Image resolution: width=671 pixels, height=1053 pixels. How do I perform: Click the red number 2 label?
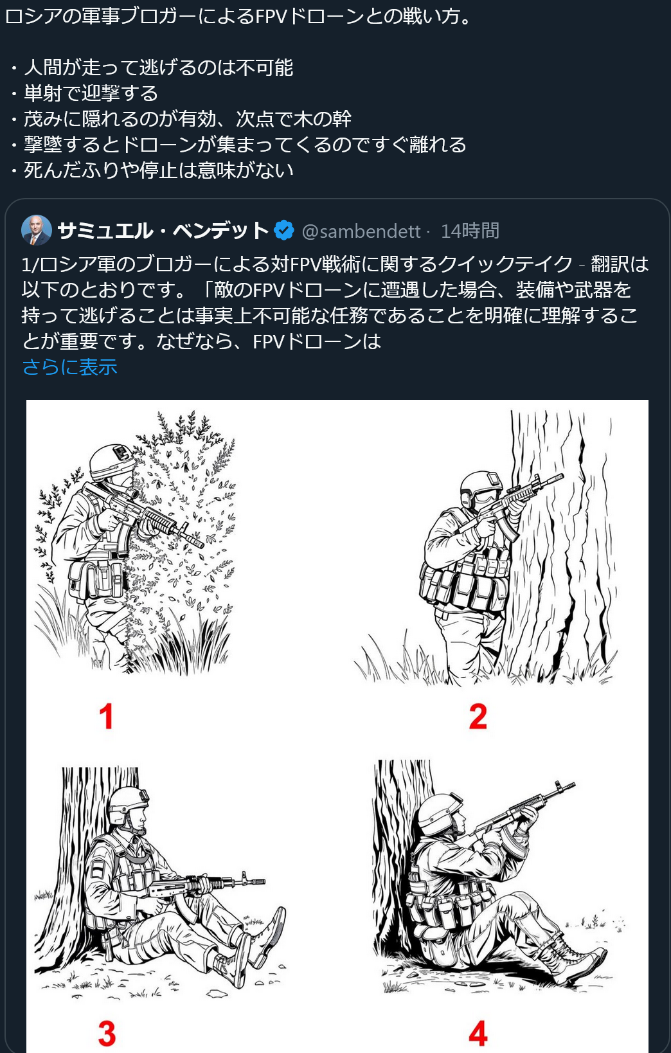478,716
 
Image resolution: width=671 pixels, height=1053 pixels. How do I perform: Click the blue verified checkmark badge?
284,230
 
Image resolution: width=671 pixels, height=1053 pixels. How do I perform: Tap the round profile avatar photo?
36,230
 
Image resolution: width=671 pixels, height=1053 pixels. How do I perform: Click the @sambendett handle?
361,231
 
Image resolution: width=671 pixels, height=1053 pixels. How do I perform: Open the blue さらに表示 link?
69,366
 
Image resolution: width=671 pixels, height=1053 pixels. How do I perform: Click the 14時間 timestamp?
470,231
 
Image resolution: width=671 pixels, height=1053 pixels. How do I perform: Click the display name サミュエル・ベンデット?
163,230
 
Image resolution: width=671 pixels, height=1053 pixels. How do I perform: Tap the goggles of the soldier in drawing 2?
484,495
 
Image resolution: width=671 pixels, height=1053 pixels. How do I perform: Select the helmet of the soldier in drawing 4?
438,813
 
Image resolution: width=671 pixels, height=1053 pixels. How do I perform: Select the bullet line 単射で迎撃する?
91,93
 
